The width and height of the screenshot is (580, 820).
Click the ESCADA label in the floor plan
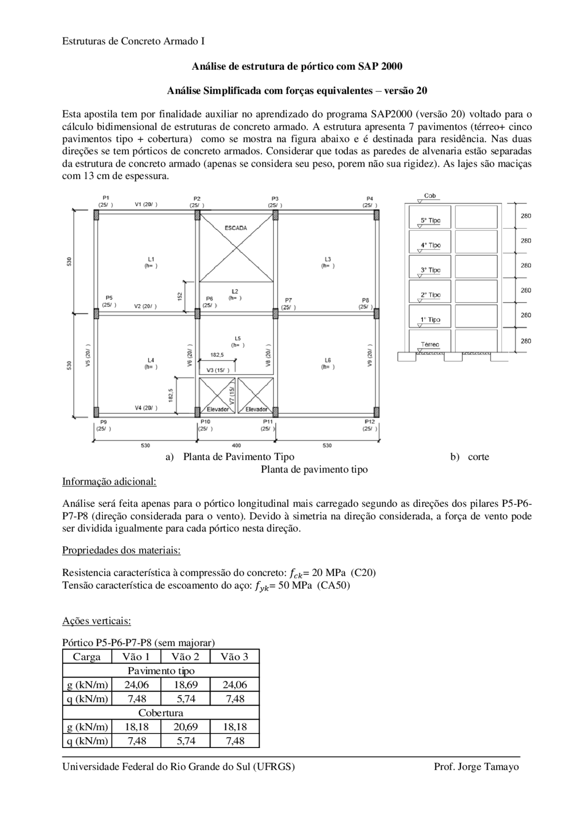click(236, 228)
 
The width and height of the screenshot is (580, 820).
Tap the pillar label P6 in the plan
click(209, 299)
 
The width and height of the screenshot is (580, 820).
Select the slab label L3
click(328, 259)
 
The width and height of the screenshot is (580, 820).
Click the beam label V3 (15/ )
click(217, 370)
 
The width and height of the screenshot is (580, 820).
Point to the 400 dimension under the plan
click(236, 446)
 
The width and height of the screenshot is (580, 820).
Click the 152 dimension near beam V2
click(180, 296)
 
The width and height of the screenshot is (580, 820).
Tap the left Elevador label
click(217, 409)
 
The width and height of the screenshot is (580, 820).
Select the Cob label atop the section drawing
click(430, 196)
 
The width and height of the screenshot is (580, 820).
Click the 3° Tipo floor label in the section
click(430, 270)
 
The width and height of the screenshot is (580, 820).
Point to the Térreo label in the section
click(430, 345)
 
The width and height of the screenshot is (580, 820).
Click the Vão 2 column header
click(185, 657)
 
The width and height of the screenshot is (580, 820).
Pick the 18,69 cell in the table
click(185, 685)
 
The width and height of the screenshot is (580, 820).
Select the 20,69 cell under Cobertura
click(185, 727)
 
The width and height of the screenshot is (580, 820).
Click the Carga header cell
click(87, 657)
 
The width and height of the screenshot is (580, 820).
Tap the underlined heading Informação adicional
click(109, 481)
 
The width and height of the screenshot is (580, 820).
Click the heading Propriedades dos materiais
click(121, 551)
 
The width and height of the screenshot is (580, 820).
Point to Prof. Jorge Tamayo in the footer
click(476, 767)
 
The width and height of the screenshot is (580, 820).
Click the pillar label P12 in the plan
click(370, 422)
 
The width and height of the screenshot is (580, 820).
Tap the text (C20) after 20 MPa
click(363, 573)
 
